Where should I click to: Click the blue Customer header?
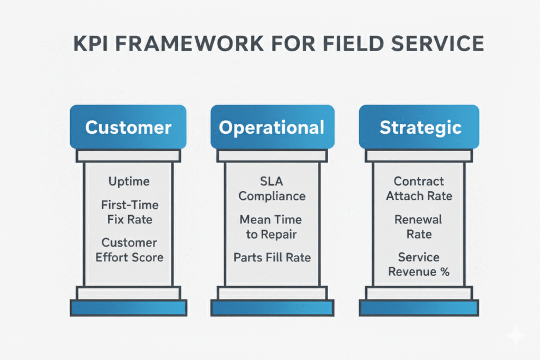tap(128, 127)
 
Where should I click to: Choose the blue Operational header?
tap(272, 127)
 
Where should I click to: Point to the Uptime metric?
tap(129, 181)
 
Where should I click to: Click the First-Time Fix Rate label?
tap(129, 212)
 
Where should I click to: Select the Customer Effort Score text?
tap(129, 250)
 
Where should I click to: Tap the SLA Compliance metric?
tap(272, 189)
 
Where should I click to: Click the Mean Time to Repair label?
tap(272, 227)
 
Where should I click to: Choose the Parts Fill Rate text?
tap(272, 257)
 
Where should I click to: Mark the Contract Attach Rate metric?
tap(419, 189)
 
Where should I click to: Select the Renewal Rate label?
tap(419, 227)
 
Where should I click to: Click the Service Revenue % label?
tap(419, 265)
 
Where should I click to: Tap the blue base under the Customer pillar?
tap(128, 308)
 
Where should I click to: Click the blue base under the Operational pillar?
tap(272, 308)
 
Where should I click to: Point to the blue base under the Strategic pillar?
tap(419, 308)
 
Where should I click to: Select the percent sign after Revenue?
tap(444, 272)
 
